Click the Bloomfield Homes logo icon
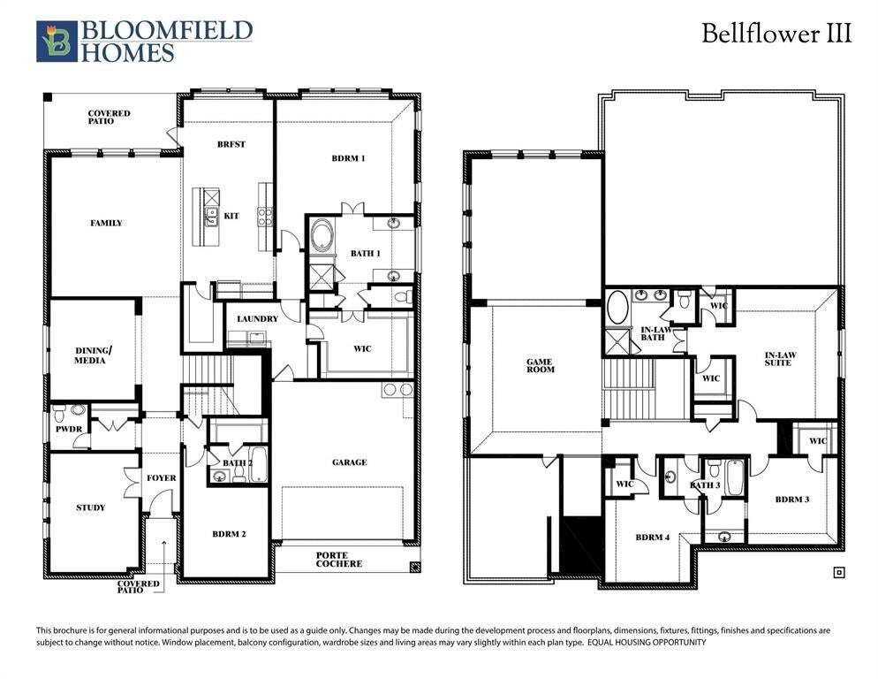[x=57, y=41]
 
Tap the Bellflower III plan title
[x=776, y=33]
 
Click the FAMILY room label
[x=106, y=223]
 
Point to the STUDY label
[x=91, y=507]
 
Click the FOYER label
[x=162, y=477]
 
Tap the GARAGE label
[x=350, y=462]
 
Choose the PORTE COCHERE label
[x=339, y=560]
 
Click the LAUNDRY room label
[x=258, y=318]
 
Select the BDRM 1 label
[x=348, y=158]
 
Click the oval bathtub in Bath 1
[x=322, y=236]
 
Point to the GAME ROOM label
[x=541, y=365]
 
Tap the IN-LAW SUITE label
[x=780, y=359]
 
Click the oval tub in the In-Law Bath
[x=617, y=307]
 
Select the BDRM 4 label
[x=653, y=538]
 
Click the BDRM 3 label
[x=792, y=499]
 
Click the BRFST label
[x=231, y=144]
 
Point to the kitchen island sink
[x=212, y=216]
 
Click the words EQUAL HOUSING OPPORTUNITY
[x=647, y=642]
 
